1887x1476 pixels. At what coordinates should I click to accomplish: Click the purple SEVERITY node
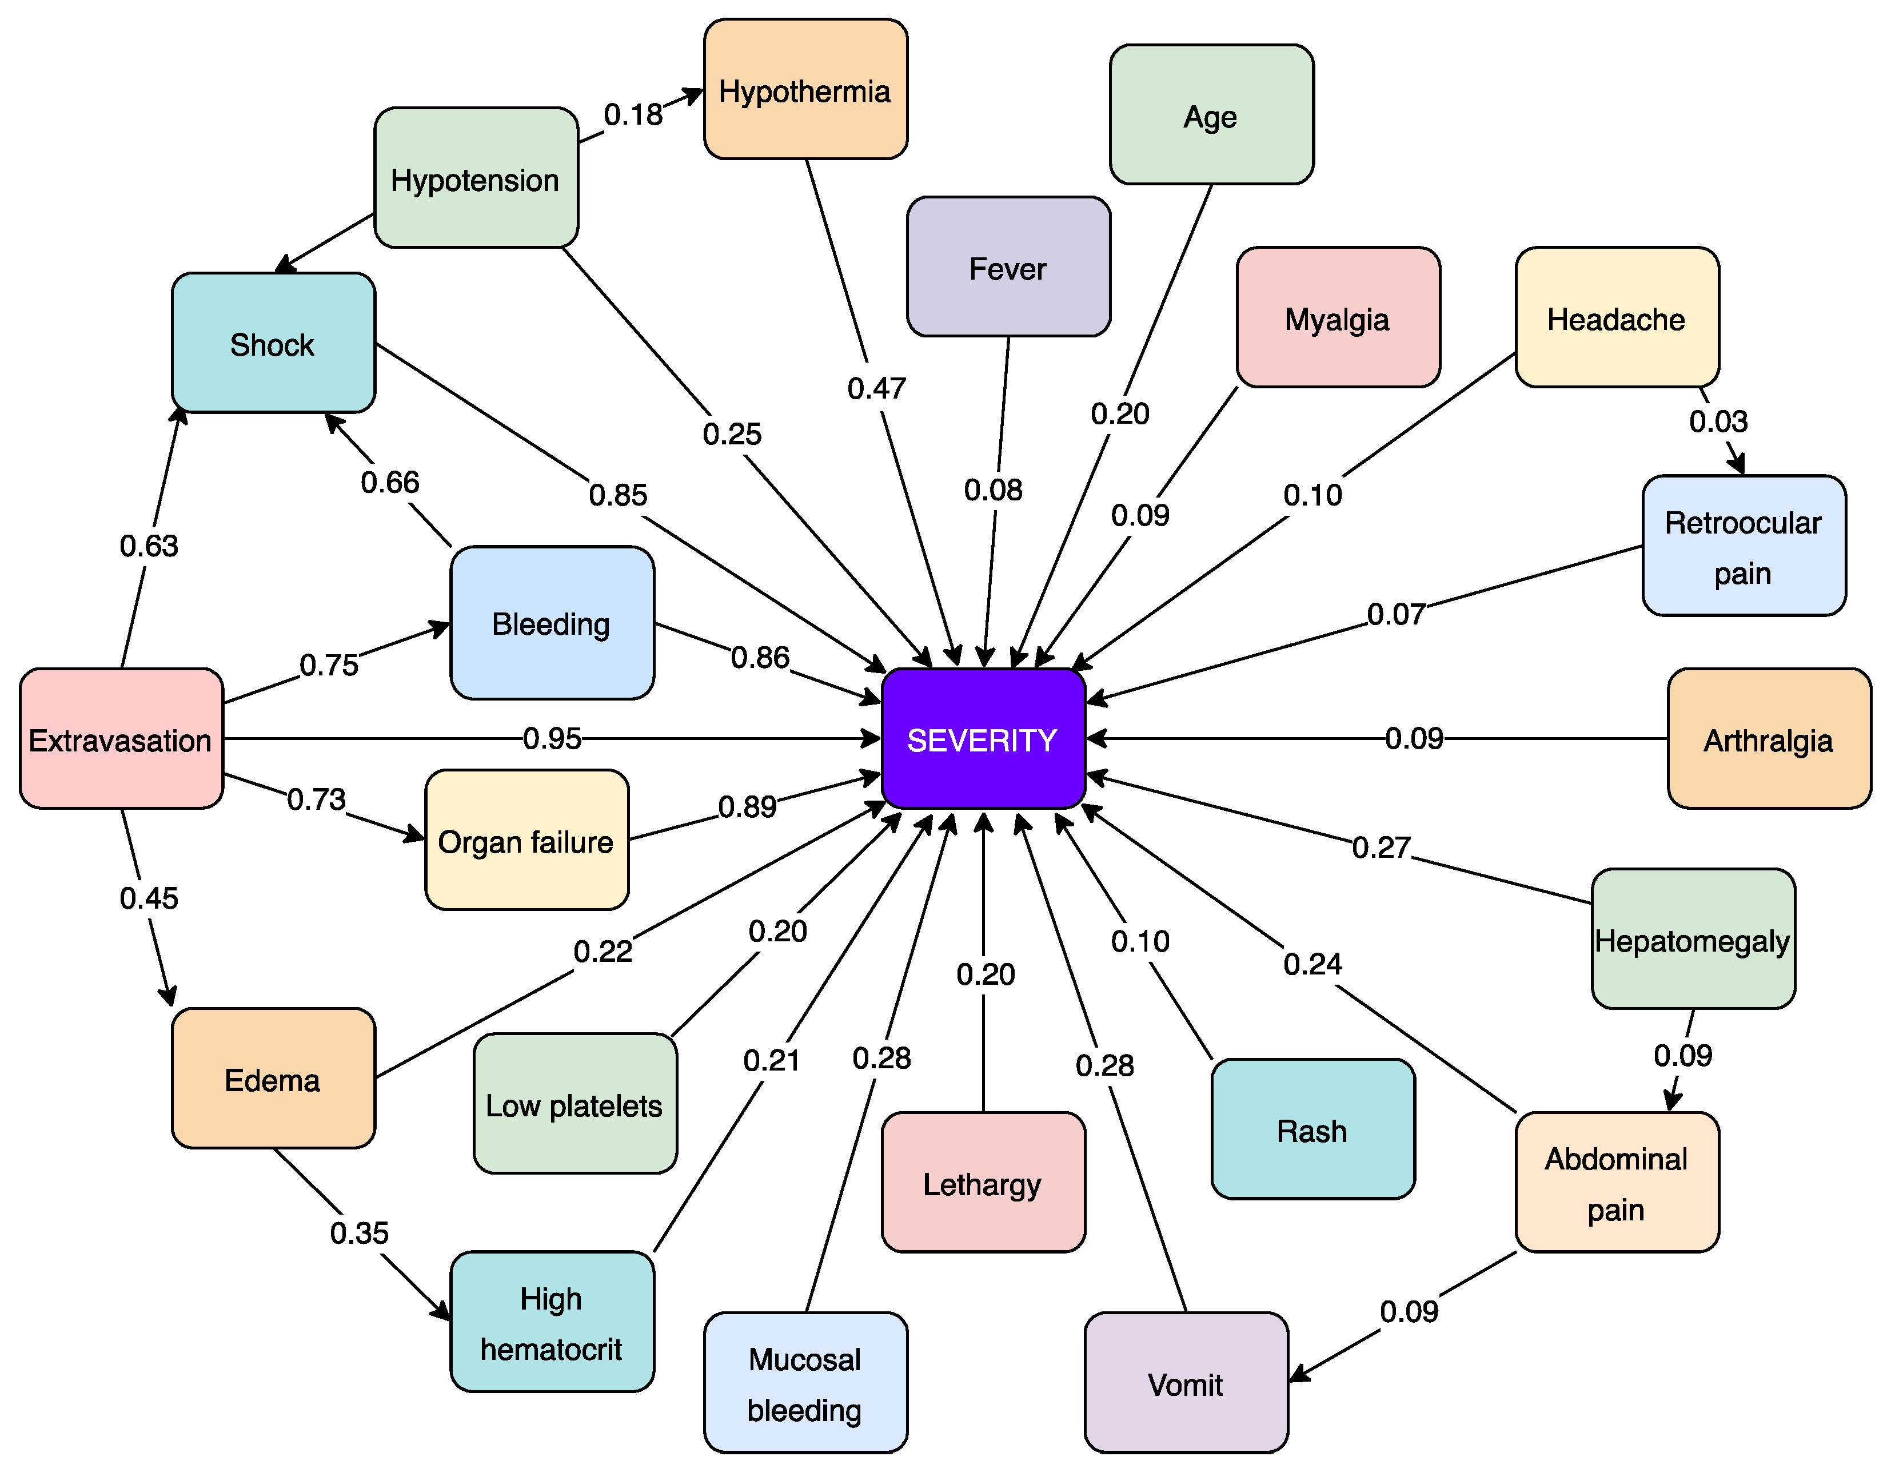(983, 739)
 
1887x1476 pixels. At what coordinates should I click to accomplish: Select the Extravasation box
(121, 739)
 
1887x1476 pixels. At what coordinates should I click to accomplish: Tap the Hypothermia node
(805, 90)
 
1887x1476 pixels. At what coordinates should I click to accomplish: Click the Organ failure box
(526, 840)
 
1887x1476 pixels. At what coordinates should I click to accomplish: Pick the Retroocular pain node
(1744, 546)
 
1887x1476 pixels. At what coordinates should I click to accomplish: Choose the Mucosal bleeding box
(805, 1383)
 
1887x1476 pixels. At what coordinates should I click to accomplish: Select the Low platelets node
(575, 1104)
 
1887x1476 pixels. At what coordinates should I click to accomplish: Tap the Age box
(1211, 115)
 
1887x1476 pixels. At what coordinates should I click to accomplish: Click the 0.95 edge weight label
(552, 739)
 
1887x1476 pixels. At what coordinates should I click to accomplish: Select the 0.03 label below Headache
(1718, 421)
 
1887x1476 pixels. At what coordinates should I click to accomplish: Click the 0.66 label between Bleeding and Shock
(390, 482)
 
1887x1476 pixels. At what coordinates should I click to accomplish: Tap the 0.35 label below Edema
(360, 1233)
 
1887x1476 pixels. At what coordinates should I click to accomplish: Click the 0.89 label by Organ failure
(747, 807)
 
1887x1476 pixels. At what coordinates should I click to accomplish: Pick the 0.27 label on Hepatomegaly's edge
(1381, 848)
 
